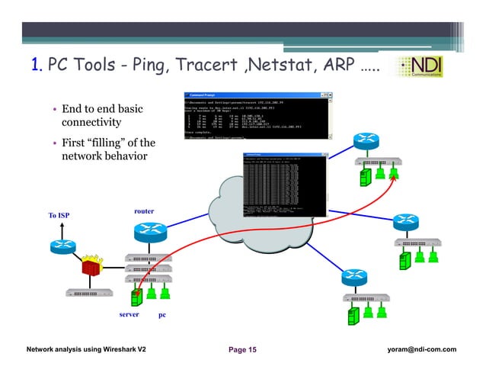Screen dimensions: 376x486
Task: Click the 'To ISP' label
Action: (59, 216)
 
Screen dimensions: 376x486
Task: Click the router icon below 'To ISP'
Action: (62, 245)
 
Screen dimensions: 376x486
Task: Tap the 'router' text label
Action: (144, 210)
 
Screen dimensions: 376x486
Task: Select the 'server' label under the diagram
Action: (129, 314)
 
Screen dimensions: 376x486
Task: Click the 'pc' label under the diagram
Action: (161, 314)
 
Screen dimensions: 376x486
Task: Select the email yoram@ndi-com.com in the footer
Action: (422, 349)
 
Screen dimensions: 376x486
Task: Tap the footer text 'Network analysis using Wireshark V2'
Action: (86, 349)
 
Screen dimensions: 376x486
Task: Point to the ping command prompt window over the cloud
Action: (283, 183)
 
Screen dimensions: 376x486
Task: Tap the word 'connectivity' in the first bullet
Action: (91, 122)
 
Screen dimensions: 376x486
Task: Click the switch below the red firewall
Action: (90, 292)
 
